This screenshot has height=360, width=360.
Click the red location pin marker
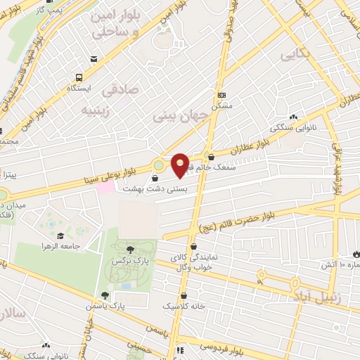(x=181, y=165)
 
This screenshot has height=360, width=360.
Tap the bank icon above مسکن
(x=222, y=95)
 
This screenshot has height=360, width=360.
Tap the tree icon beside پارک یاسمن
(x=105, y=295)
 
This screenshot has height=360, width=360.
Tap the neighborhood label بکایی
(x=295, y=54)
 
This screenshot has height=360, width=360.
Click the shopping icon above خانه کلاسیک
(x=184, y=296)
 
